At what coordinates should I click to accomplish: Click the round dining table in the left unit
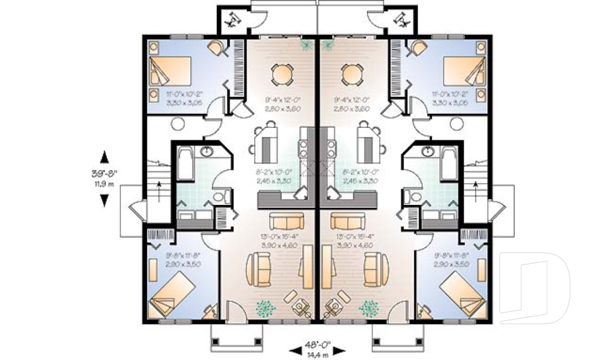[282, 75]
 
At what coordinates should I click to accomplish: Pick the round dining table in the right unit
[352, 75]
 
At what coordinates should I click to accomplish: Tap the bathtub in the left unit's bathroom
[186, 164]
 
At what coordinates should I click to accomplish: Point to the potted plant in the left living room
[266, 307]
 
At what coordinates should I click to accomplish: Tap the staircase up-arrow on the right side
[475, 185]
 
